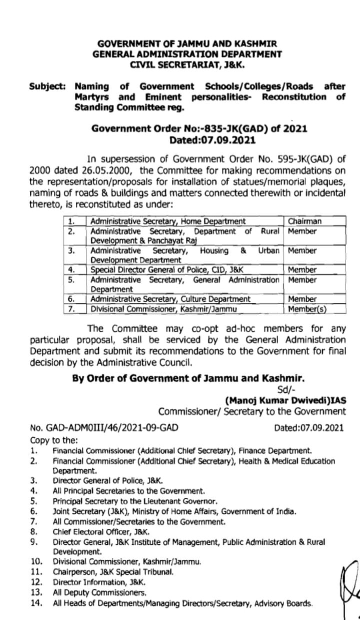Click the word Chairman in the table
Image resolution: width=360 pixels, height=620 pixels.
tap(304, 221)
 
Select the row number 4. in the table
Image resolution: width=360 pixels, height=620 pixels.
tap(71, 270)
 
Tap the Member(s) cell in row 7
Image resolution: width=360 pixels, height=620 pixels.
tap(307, 309)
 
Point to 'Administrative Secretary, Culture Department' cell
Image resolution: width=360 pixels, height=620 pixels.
tap(170, 299)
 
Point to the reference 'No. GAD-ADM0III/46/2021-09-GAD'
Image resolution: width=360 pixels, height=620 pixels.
tap(104, 428)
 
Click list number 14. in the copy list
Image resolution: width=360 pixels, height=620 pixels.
tap(35, 603)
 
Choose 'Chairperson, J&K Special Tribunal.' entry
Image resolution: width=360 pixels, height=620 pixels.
tap(113, 571)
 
